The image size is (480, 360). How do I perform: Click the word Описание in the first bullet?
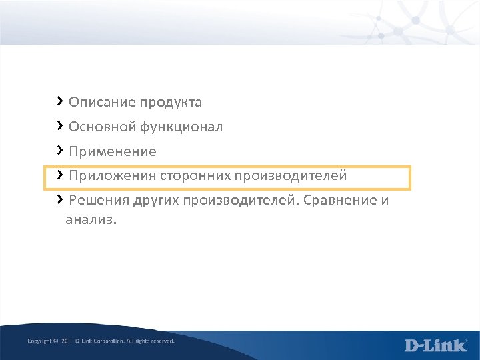tap(102, 103)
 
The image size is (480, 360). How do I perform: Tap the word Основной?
tap(101, 127)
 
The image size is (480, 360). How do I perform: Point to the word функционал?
tap(181, 127)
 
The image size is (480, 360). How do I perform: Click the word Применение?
tap(112, 152)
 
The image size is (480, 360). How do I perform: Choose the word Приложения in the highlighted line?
tap(113, 176)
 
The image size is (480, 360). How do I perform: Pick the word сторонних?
tap(195, 176)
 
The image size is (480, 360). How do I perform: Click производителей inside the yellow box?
tap(291, 176)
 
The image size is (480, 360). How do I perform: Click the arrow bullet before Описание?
tap(60, 101)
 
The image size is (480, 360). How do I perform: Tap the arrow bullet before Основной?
tap(60, 125)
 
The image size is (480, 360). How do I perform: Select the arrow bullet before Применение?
tap(60, 150)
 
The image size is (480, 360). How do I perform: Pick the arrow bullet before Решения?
tap(60, 199)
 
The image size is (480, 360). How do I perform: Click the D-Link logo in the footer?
tap(435, 345)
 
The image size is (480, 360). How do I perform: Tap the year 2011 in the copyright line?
tap(66, 341)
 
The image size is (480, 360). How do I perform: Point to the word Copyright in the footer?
tap(39, 341)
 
